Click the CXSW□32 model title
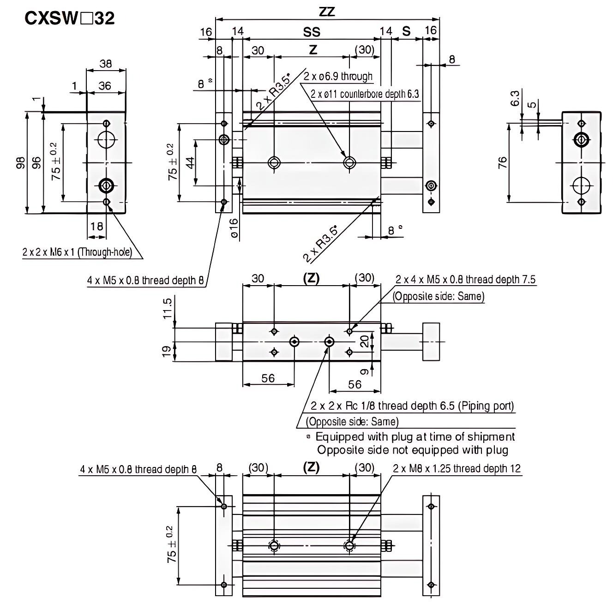click(69, 18)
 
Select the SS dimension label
click(312, 32)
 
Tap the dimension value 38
click(106, 64)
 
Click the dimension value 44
click(189, 162)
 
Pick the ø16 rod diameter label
click(234, 228)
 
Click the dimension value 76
click(503, 163)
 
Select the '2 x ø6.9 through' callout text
click(338, 77)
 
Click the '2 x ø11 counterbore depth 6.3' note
click(365, 95)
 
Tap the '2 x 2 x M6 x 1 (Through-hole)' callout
click(77, 252)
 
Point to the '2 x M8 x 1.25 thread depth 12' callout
click(457, 469)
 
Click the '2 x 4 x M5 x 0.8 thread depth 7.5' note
click(465, 280)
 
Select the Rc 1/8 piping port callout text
click(412, 406)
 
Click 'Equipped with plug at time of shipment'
click(415, 437)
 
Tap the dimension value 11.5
click(168, 308)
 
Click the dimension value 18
click(96, 226)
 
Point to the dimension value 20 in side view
click(365, 341)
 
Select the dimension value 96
click(36, 163)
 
